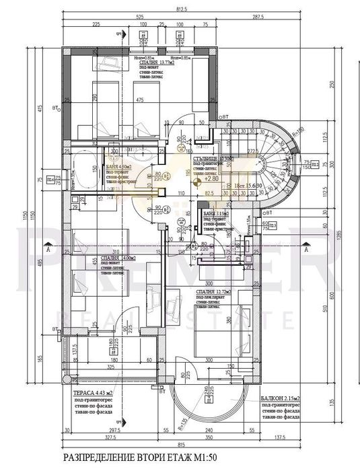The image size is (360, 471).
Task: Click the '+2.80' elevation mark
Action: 210,180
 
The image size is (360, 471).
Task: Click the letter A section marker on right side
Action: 324,249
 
